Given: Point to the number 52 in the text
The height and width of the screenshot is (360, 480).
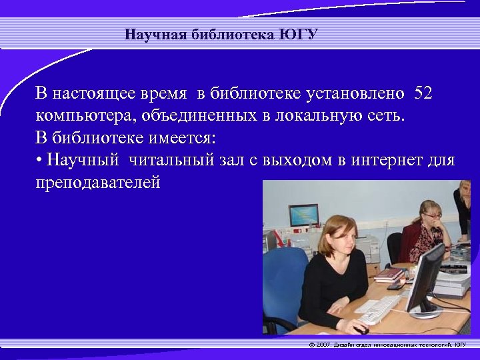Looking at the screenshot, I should (x=423, y=93).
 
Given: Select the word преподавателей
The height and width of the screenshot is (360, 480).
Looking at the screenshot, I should (x=98, y=182).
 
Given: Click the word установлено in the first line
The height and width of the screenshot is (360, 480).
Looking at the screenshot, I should (x=347, y=93).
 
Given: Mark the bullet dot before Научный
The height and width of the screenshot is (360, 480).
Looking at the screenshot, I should (x=39, y=161).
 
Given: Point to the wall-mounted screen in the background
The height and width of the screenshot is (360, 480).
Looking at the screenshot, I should (x=303, y=215).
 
